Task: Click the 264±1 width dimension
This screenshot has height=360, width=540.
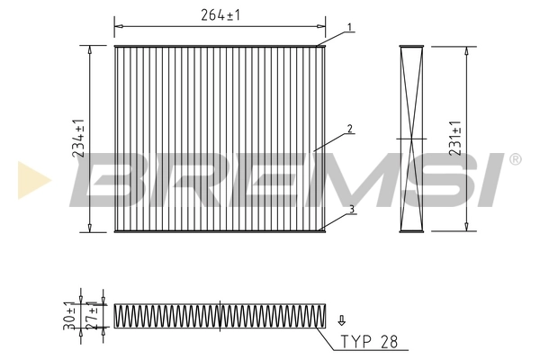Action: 219,15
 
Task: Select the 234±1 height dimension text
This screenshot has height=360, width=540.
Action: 78,139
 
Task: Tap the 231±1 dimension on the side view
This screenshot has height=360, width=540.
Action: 456,139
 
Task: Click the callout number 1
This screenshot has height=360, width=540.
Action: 349,27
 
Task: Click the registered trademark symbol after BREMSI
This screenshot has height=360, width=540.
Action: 514,159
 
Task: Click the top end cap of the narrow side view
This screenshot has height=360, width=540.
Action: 410,44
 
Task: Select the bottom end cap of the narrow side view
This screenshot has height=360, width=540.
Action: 410,231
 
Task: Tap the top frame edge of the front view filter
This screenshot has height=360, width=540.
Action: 219,44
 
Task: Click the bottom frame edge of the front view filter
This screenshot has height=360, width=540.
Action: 219,231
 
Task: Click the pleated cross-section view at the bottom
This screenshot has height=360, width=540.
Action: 219,314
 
